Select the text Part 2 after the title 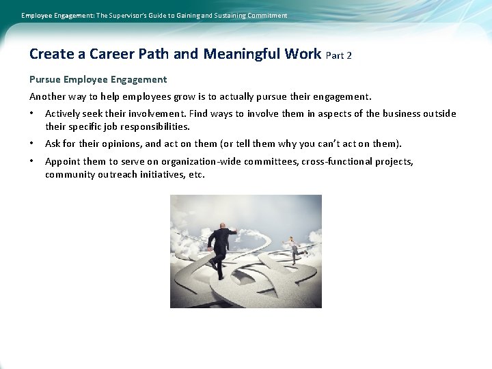pyautogui.click(x=339, y=55)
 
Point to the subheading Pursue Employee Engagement pyautogui.click(x=98, y=80)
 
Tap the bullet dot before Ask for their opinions pyautogui.click(x=32, y=144)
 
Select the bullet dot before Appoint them pyautogui.click(x=32, y=162)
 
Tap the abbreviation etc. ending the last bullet pyautogui.click(x=196, y=175)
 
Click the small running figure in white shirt pyautogui.click(x=292, y=249)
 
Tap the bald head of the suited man pyautogui.click(x=221, y=226)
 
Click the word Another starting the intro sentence pyautogui.click(x=46, y=97)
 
